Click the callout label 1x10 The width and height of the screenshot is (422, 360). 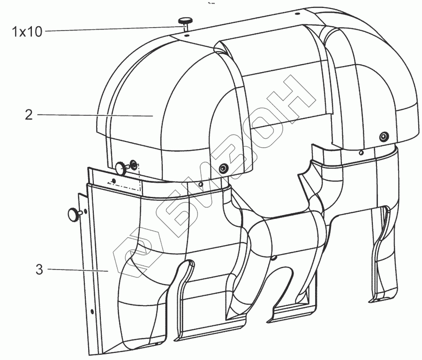(x=27, y=31)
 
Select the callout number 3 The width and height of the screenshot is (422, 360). (x=39, y=270)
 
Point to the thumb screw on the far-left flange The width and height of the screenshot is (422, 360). (x=74, y=214)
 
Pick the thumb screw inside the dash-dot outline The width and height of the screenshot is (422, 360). (x=121, y=167)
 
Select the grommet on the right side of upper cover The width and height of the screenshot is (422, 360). (x=384, y=136)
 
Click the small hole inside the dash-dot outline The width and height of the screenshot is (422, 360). (x=114, y=180)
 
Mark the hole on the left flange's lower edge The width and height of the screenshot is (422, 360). (x=91, y=311)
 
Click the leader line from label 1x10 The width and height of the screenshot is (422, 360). (x=113, y=30)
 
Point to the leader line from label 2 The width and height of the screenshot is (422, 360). (x=94, y=115)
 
